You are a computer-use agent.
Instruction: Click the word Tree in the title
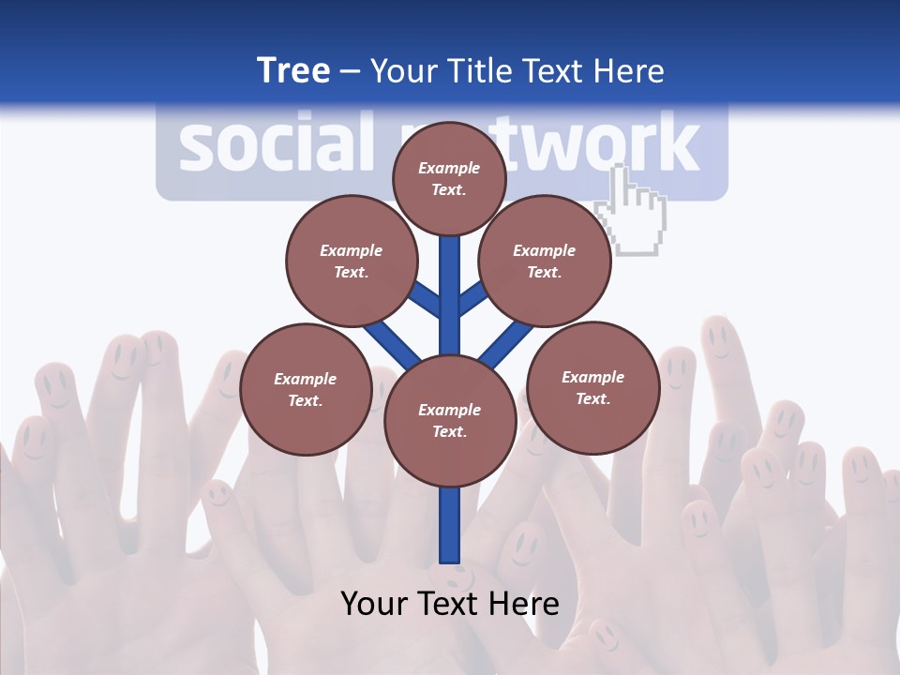point(293,71)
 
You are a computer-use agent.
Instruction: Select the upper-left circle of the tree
point(352,261)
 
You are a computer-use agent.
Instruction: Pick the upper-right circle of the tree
point(545,261)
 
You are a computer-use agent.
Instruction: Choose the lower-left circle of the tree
point(306,389)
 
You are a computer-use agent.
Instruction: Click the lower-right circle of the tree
point(592,387)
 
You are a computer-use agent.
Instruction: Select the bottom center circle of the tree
point(450,420)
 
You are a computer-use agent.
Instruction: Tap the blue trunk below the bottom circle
point(450,525)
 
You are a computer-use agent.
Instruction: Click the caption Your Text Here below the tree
point(450,604)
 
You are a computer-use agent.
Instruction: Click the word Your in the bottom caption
point(374,604)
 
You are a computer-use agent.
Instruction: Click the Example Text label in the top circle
point(449,178)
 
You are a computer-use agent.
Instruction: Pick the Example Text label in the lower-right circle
point(592,387)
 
